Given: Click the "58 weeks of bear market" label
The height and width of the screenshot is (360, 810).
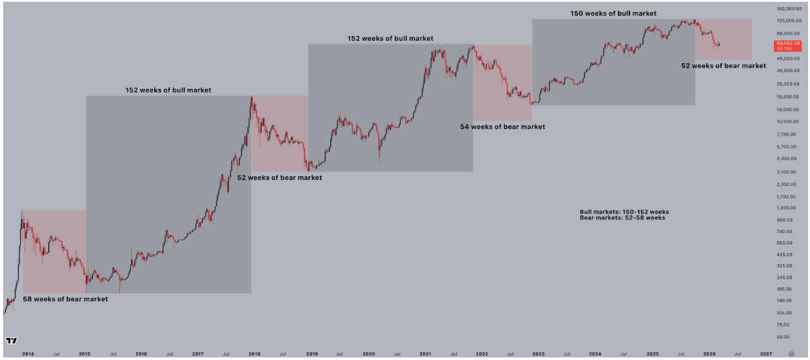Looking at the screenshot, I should coord(65,299).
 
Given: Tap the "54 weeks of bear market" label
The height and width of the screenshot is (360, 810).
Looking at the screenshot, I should coord(502,126).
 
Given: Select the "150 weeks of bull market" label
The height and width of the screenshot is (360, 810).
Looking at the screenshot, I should coord(613,14).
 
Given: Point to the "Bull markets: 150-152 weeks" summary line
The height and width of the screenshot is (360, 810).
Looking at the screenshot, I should coord(624,212).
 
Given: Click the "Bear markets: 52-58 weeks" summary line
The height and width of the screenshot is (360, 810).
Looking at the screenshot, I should coord(622,218).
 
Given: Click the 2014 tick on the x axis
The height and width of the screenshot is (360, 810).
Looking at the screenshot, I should coord(28,354).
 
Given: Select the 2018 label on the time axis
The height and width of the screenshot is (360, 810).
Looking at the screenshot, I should coord(255,354).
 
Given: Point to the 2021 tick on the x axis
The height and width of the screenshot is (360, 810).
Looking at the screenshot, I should coord(426,354).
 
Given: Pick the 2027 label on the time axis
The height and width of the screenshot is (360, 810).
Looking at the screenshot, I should coord(766,354).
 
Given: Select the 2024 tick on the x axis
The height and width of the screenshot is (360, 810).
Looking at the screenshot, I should coord(595,354).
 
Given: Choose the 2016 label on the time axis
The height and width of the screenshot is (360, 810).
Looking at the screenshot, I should coord(141,354).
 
